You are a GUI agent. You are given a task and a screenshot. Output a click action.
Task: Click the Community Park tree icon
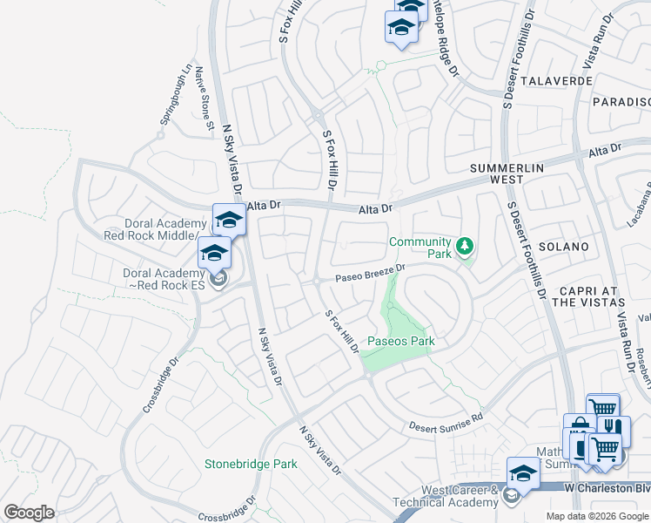click(x=466, y=246)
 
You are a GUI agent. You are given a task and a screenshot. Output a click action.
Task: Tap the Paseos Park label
click(x=400, y=341)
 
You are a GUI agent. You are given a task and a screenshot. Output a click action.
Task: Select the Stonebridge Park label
click(x=251, y=464)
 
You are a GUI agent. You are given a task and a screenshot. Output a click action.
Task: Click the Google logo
click(x=29, y=513)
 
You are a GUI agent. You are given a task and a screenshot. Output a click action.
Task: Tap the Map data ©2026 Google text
click(x=597, y=516)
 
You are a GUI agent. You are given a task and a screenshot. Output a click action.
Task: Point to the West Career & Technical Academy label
click(x=447, y=496)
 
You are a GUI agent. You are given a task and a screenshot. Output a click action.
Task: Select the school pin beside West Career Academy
click(x=523, y=472)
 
